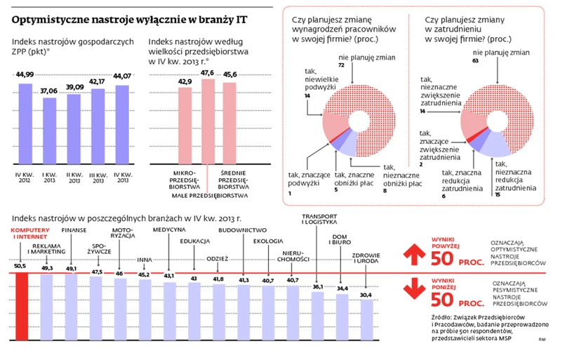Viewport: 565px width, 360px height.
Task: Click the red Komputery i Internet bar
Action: [21, 298]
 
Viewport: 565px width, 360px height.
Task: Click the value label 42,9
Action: [185, 82]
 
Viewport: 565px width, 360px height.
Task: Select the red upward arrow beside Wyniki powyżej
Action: [417, 253]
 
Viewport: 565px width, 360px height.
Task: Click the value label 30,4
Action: [366, 294]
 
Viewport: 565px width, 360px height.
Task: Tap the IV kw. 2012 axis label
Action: [25, 178]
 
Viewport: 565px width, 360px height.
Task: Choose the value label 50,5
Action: [20, 266]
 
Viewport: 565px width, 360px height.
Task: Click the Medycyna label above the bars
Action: [169, 229]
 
